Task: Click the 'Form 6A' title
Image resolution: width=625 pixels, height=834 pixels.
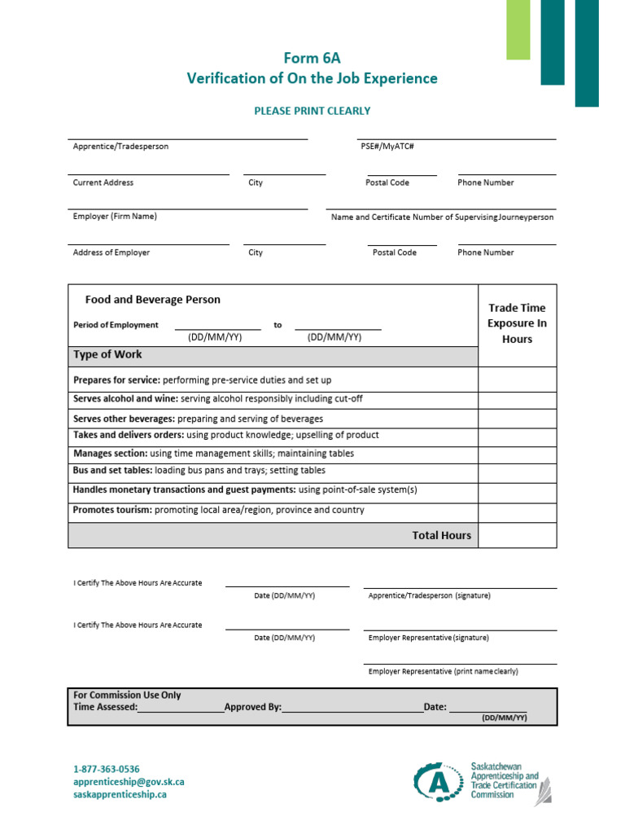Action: click(x=312, y=57)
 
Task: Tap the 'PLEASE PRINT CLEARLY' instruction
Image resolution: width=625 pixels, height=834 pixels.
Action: click(x=312, y=111)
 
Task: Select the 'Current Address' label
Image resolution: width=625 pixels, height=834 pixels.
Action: click(x=103, y=182)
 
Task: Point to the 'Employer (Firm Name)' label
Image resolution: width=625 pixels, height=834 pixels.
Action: click(x=115, y=217)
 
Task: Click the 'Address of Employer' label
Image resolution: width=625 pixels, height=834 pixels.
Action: click(x=111, y=252)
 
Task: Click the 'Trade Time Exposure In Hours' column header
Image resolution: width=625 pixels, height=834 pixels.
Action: click(x=517, y=323)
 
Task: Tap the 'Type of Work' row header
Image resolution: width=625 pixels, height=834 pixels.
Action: click(x=107, y=354)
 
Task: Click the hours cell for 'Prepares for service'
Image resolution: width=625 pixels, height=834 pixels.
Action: click(x=517, y=380)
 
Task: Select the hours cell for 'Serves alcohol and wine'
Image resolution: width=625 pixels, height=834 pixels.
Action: click(x=517, y=399)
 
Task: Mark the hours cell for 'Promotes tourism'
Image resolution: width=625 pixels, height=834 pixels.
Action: click(x=517, y=510)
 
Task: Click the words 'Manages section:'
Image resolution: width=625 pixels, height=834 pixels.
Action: click(x=111, y=454)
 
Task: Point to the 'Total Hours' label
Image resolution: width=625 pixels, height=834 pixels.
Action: click(x=441, y=535)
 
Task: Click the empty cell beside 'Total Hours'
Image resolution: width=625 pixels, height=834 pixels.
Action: click(x=517, y=535)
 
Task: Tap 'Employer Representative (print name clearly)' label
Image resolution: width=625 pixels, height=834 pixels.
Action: click(x=443, y=672)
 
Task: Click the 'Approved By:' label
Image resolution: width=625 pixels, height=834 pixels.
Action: click(x=252, y=707)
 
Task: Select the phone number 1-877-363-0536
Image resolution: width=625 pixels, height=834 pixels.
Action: click(x=107, y=769)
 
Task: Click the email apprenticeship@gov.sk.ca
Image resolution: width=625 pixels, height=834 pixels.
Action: click(x=129, y=782)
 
